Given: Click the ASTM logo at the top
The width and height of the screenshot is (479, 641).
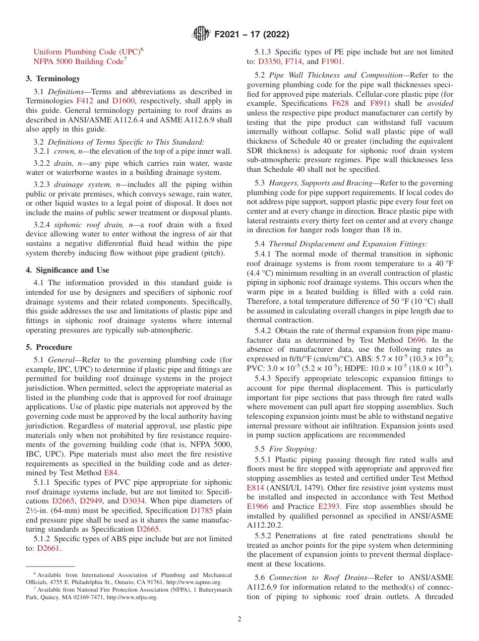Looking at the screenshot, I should [202, 35].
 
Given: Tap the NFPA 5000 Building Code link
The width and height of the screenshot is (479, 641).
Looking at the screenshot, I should [78, 61].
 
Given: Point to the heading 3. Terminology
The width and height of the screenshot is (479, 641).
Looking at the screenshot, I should [53, 79].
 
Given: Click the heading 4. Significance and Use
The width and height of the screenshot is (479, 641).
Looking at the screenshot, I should [67, 270].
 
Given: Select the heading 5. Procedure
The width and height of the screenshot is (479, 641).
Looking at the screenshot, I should [49, 347].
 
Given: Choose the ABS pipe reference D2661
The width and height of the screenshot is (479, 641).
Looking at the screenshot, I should [48, 548].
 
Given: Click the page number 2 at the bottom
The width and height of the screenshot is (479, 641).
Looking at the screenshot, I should [239, 619].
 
